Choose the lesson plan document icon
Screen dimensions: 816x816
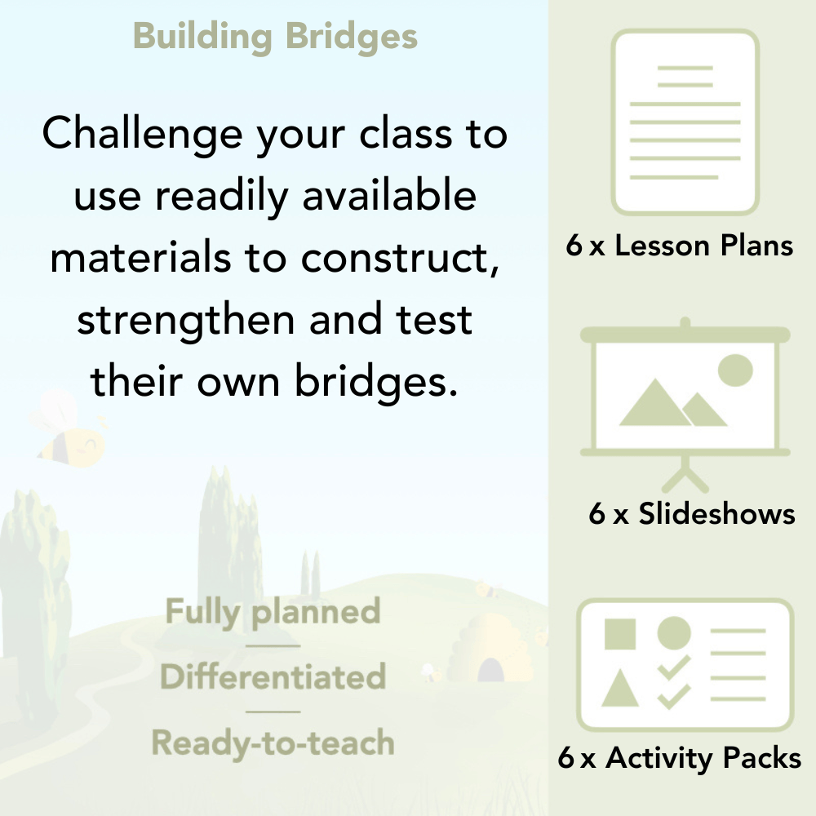[x=685, y=122]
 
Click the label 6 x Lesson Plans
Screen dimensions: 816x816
[x=680, y=246]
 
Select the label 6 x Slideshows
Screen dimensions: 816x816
[x=691, y=514]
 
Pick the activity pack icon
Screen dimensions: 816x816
[x=685, y=664]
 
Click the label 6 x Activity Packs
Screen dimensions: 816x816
[x=679, y=759]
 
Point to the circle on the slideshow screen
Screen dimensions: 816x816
[x=734, y=370]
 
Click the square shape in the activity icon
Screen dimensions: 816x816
[x=620, y=634]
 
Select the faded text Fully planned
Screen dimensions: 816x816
[x=273, y=612]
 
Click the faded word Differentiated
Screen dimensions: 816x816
[x=273, y=677]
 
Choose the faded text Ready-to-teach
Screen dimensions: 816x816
[x=273, y=743]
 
